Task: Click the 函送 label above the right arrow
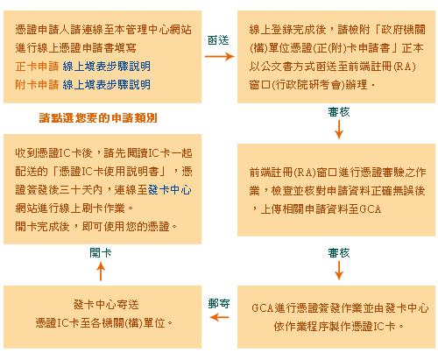point(218,40)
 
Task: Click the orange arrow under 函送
point(220,56)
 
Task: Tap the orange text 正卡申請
point(37,67)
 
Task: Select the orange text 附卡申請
point(37,85)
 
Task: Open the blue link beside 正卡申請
point(106,67)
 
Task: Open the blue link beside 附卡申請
point(106,85)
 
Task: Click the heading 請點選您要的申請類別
point(98,118)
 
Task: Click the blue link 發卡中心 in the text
point(170,190)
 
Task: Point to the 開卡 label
point(101,253)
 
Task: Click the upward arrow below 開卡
point(101,272)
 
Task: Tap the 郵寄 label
point(219,304)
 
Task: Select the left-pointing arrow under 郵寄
point(219,317)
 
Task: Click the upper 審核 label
point(339,112)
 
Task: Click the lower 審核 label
point(339,253)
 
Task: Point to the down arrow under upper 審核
point(339,130)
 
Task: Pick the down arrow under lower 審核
point(339,271)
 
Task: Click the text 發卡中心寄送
point(106,305)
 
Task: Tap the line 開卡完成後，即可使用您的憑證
point(96,227)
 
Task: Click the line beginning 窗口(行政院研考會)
point(312,85)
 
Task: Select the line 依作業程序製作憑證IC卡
point(339,326)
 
